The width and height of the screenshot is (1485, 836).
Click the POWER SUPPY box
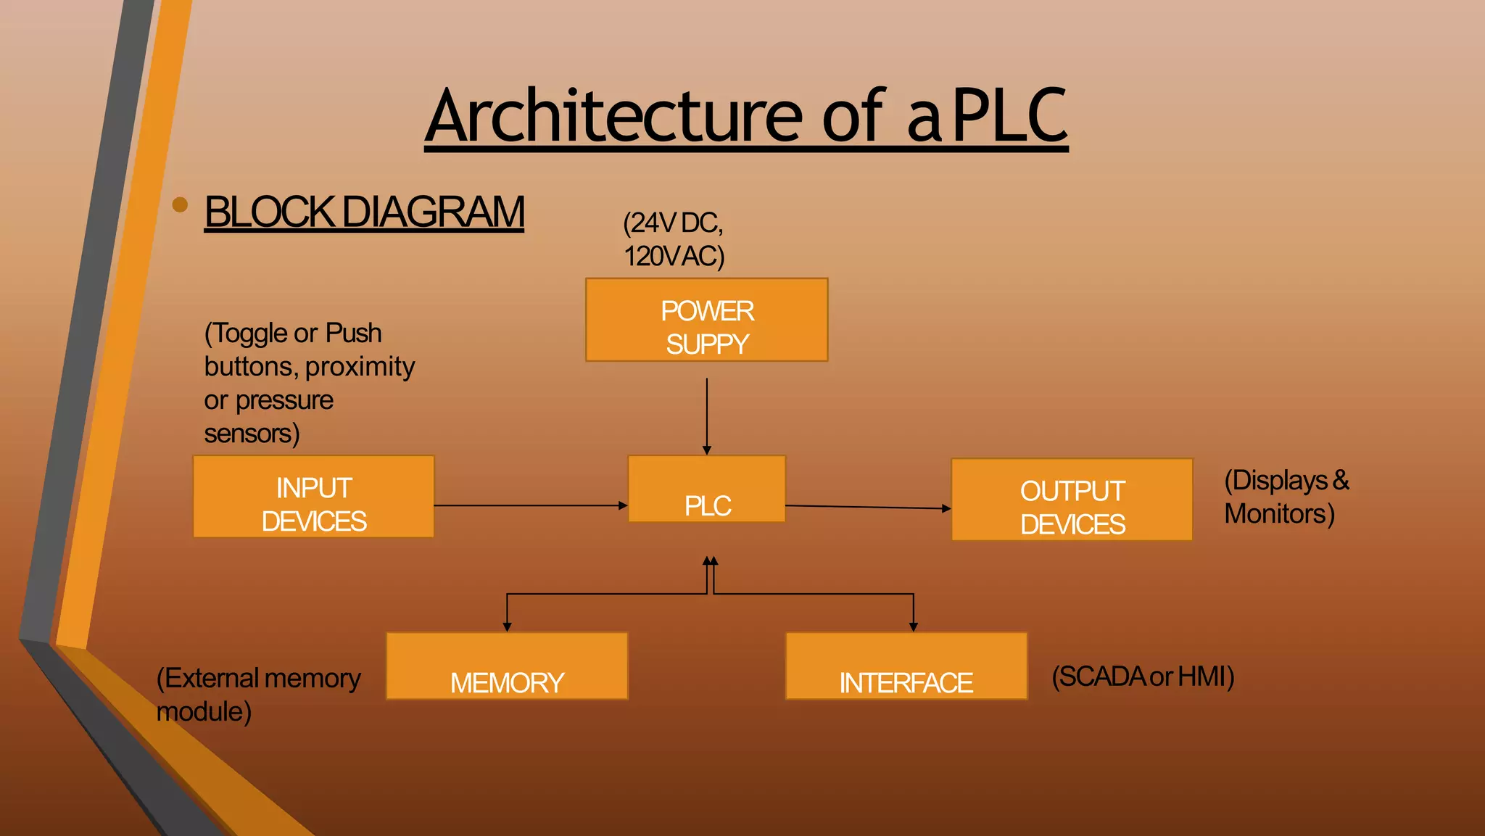(706, 320)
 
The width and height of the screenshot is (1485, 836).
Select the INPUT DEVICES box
(313, 497)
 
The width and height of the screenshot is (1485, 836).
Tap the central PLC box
(706, 489)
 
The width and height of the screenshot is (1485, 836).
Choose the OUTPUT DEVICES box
(1072, 500)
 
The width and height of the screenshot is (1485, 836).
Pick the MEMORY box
(507, 666)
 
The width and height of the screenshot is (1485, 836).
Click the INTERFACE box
(906, 666)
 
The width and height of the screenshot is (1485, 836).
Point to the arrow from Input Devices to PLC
(529, 505)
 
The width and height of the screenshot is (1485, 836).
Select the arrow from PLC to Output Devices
(866, 507)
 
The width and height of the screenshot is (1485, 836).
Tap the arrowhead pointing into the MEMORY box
(507, 626)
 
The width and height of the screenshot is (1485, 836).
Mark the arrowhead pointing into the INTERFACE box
(913, 626)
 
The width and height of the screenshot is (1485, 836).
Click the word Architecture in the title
(613, 116)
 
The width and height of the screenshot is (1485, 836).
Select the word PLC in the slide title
(1009, 116)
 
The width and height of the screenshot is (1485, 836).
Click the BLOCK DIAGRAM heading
(364, 212)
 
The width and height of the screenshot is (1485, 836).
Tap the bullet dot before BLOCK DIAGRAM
(180, 205)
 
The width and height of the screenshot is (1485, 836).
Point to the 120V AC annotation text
(674, 256)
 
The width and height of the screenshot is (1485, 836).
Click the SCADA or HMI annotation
(1142, 676)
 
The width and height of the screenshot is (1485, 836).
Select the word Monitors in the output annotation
(1278, 513)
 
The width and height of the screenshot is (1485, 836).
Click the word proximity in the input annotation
(360, 367)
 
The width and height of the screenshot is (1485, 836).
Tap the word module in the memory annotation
(203, 711)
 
